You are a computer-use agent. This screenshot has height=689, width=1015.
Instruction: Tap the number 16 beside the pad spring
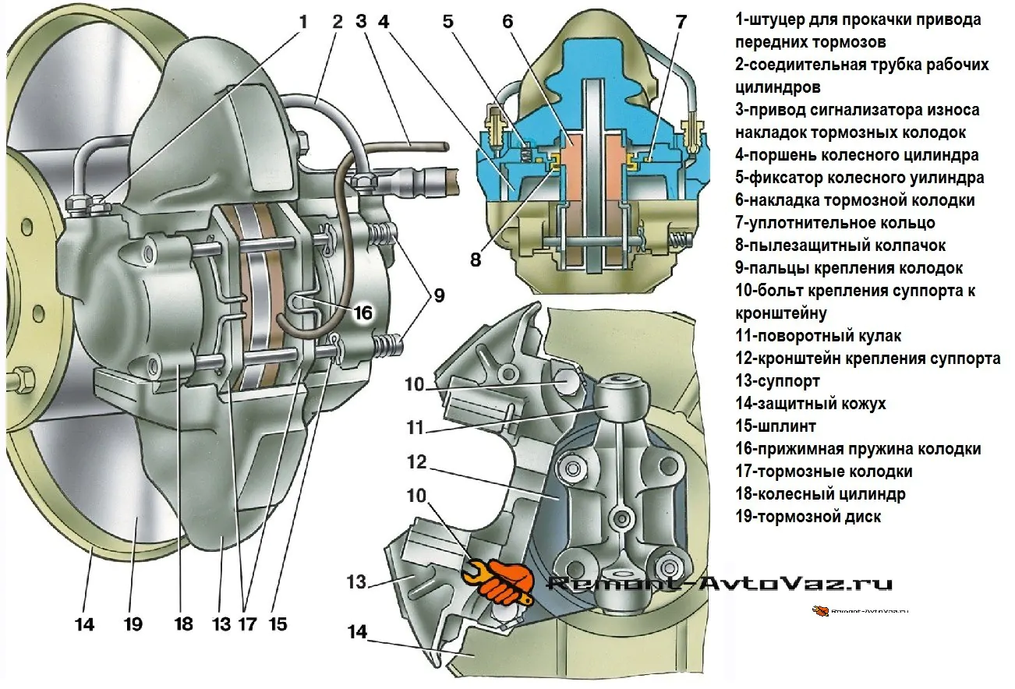coord(362,313)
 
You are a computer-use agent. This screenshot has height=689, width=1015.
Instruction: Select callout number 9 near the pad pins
coord(440,295)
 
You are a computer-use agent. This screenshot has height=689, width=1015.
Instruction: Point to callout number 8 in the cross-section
coord(475,258)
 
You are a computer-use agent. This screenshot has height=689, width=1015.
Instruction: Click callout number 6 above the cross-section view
coord(507,22)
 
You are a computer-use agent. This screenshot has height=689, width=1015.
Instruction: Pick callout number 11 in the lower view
coord(415,428)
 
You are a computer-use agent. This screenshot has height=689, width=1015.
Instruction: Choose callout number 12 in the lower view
coord(416,463)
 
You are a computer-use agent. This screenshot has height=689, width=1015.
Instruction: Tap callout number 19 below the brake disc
coord(133,624)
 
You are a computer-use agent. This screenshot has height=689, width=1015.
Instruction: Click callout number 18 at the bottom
coord(183,624)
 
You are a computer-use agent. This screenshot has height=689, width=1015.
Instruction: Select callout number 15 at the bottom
coord(277,624)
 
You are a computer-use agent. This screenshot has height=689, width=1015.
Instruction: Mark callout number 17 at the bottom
coord(247,624)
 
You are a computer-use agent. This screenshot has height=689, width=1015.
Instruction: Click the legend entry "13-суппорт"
coord(777,381)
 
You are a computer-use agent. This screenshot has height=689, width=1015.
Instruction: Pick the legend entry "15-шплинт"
coord(775,426)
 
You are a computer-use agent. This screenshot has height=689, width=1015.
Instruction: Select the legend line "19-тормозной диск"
coord(808,516)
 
